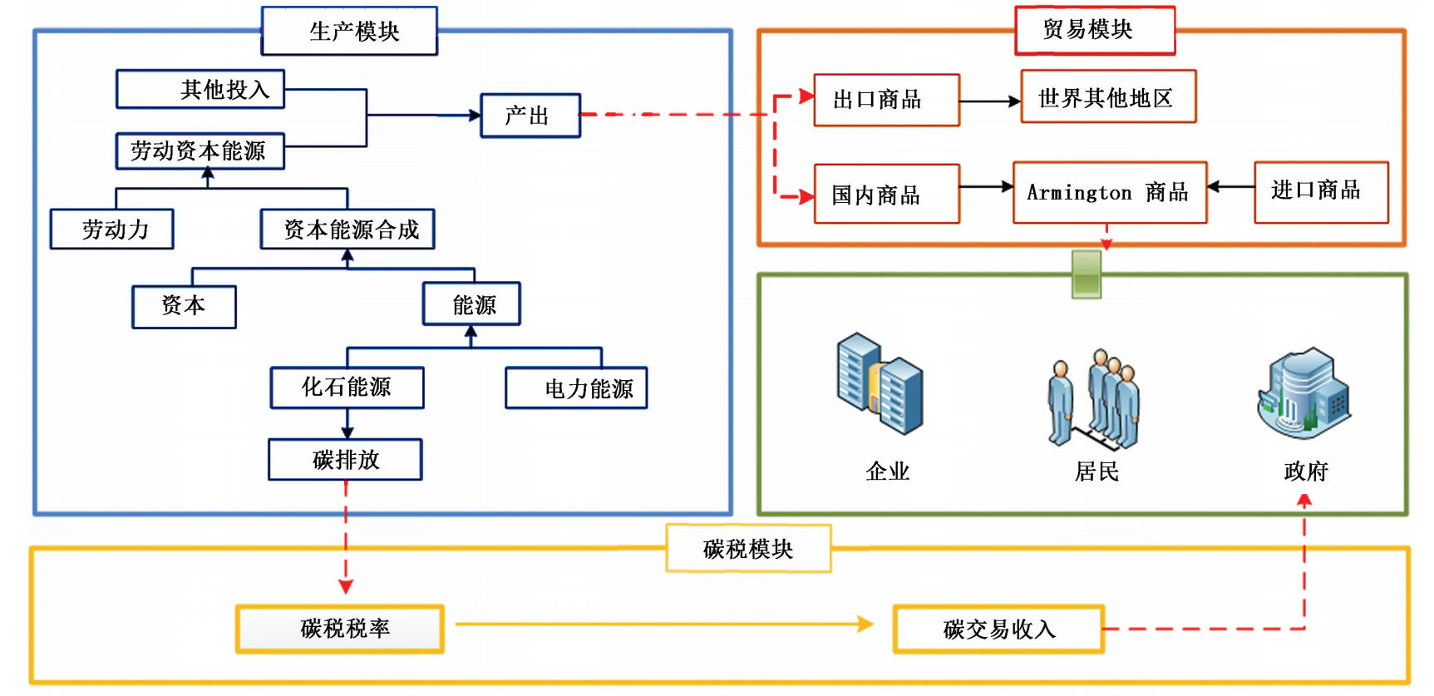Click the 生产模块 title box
pos(349,32)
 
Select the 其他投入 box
pos(200,89)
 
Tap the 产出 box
pos(530,116)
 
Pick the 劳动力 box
pos(112,230)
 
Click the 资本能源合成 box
pos(347,230)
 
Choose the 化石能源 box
pos(347,387)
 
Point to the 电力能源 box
pos(576,388)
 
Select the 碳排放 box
pos(345,460)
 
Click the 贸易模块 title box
pos(1095,31)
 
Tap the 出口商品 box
pos(886,101)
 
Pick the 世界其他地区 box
pos(1108,98)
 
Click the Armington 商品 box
pos(1109,193)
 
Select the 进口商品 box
pos(1321,192)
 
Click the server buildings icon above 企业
pos(880,383)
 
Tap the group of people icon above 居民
pos(1093,398)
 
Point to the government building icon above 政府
pos(1303,392)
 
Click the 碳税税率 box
pos(340,629)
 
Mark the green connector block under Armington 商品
pos(1087,274)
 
